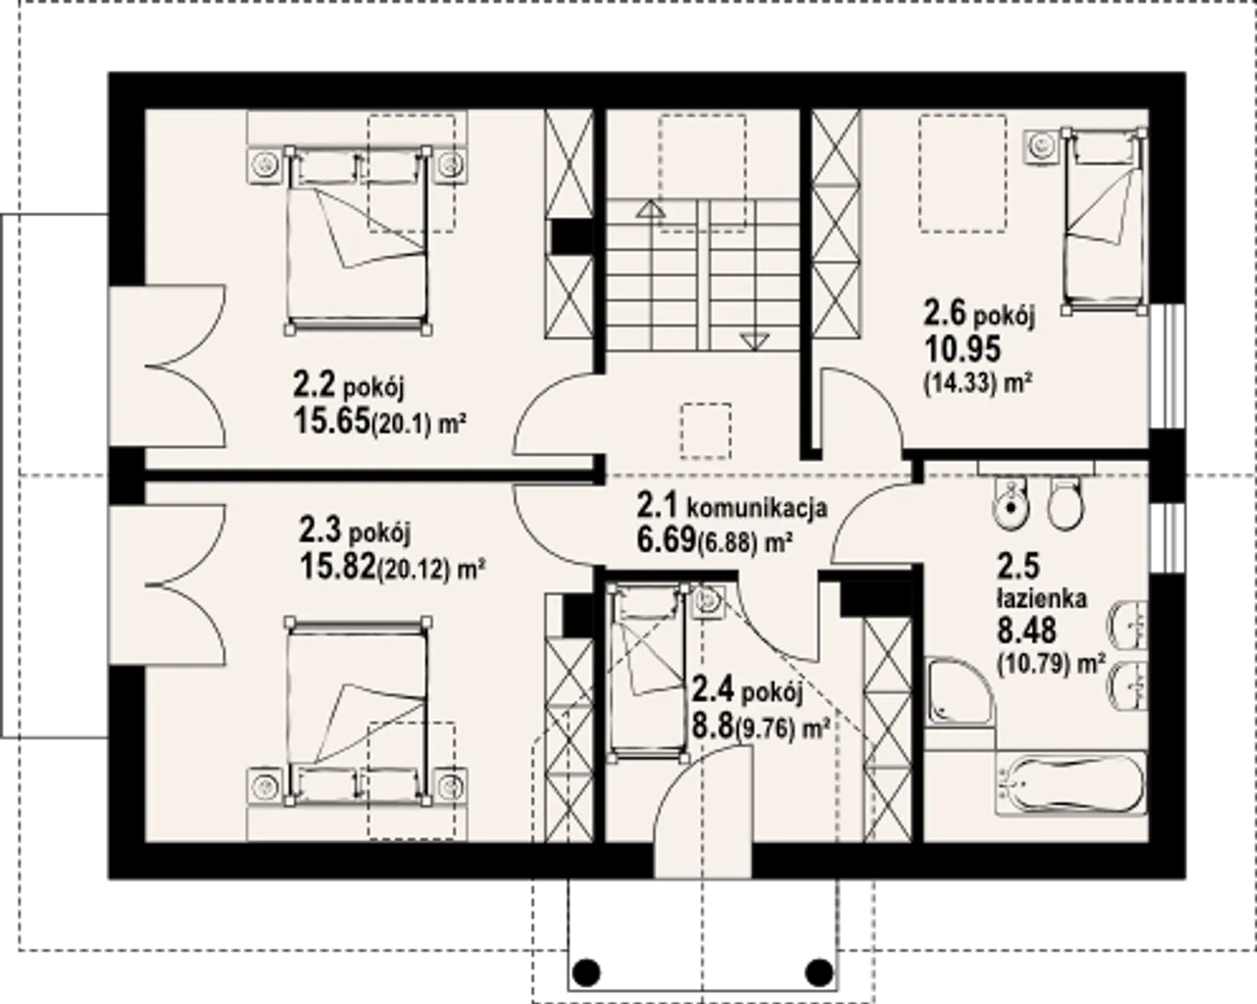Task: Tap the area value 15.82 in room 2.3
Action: point(337,566)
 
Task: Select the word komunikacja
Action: point(756,507)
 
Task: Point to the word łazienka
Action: point(1042,598)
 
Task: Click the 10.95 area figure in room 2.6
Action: point(962,349)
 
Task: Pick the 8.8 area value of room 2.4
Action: point(713,726)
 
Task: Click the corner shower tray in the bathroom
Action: point(959,692)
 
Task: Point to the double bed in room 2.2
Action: point(358,240)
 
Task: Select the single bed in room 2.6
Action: point(1104,221)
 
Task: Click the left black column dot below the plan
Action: point(586,972)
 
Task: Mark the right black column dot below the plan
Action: point(819,972)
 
